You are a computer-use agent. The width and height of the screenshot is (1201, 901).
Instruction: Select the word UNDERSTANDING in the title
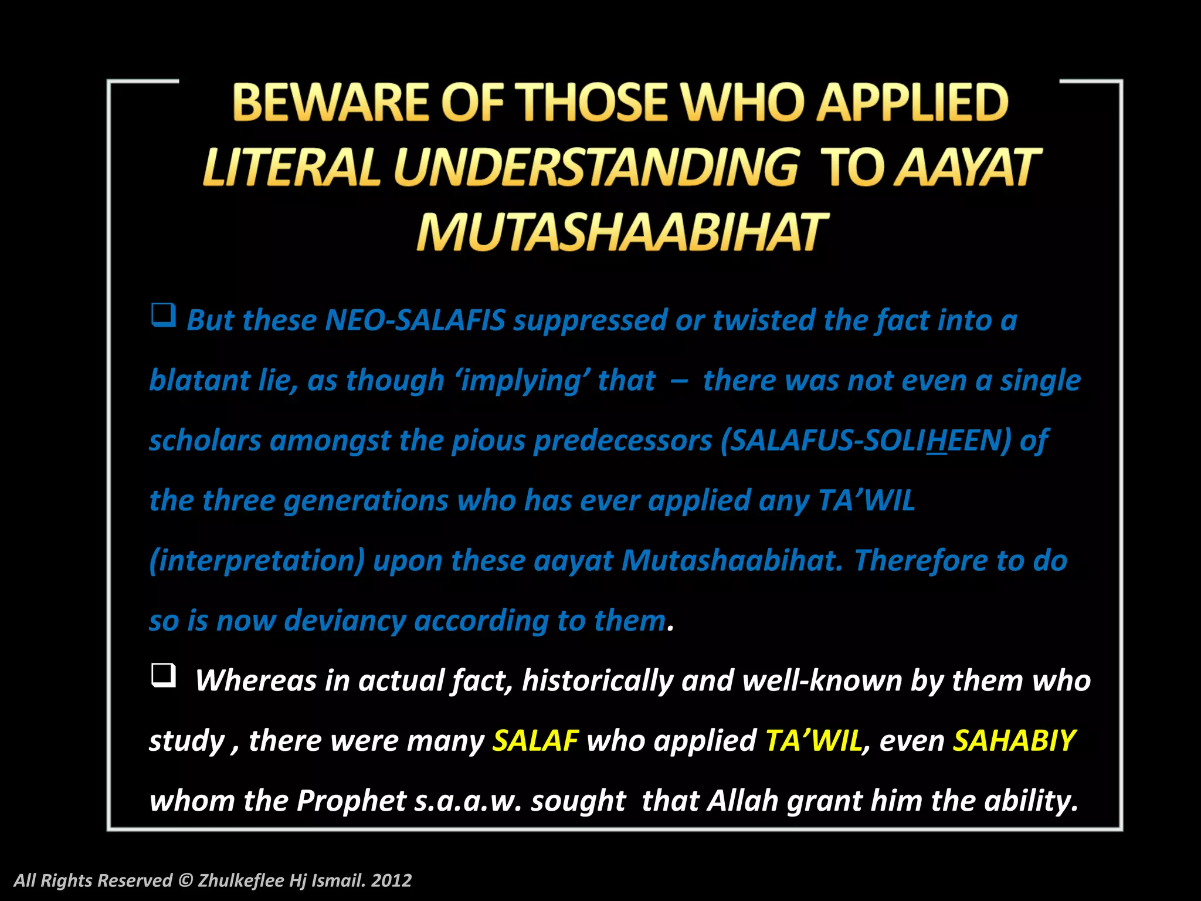coord(595,167)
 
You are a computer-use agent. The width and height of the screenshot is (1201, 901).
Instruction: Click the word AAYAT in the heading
coord(968,167)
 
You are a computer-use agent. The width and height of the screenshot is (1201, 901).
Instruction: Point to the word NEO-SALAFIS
coord(415,320)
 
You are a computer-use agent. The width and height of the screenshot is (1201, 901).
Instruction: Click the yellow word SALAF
coord(535,740)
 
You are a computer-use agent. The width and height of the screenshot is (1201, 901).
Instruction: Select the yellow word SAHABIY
coord(1014,740)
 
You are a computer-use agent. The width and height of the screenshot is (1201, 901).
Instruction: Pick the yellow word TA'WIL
coord(813,740)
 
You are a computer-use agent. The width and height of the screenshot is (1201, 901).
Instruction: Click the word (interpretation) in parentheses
coord(257,561)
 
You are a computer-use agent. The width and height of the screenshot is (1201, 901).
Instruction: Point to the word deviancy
coord(344,621)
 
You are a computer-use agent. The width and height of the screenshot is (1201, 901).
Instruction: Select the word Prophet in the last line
coord(351,801)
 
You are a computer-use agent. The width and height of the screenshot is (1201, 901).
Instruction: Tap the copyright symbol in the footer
coord(185,880)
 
